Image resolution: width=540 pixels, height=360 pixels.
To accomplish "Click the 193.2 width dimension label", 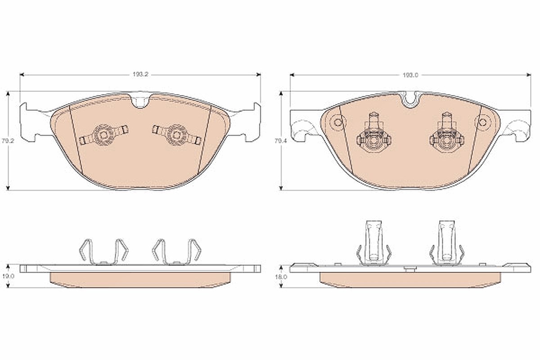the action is pos(140,75).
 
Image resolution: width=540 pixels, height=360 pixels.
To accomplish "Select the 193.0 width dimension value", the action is pos(410,75).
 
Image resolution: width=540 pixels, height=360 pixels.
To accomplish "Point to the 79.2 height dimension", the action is pos(8,141).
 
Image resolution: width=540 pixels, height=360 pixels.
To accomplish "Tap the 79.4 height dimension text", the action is pos(280,141).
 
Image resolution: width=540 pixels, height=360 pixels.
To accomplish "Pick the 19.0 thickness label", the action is pos(8,276).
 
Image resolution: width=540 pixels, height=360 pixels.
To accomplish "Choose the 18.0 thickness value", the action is pos(281,277).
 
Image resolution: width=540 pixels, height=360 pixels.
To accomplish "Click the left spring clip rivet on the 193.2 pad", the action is pos(103,135).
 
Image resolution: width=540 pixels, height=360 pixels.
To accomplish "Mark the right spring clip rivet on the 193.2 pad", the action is pos(177,135).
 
